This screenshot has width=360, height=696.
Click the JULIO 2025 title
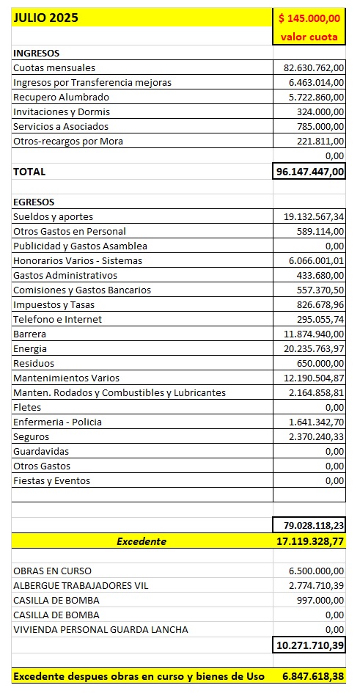click(45, 18)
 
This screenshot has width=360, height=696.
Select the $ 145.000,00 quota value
click(309, 18)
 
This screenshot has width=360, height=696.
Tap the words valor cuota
click(309, 37)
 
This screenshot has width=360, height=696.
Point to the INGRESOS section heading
click(36, 53)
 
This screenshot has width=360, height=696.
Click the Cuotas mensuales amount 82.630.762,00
click(314, 67)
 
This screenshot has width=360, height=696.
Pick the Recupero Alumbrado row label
click(61, 97)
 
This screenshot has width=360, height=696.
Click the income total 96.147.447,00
click(311, 172)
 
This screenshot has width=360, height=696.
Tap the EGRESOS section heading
click(34, 202)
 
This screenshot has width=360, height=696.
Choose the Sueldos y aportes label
click(53, 216)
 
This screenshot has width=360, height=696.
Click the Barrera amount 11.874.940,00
click(314, 334)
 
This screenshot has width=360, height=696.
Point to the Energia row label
click(30, 348)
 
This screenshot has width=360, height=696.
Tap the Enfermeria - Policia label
click(57, 422)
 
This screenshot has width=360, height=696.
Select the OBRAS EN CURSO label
click(52, 571)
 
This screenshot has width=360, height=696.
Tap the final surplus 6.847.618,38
click(314, 675)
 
